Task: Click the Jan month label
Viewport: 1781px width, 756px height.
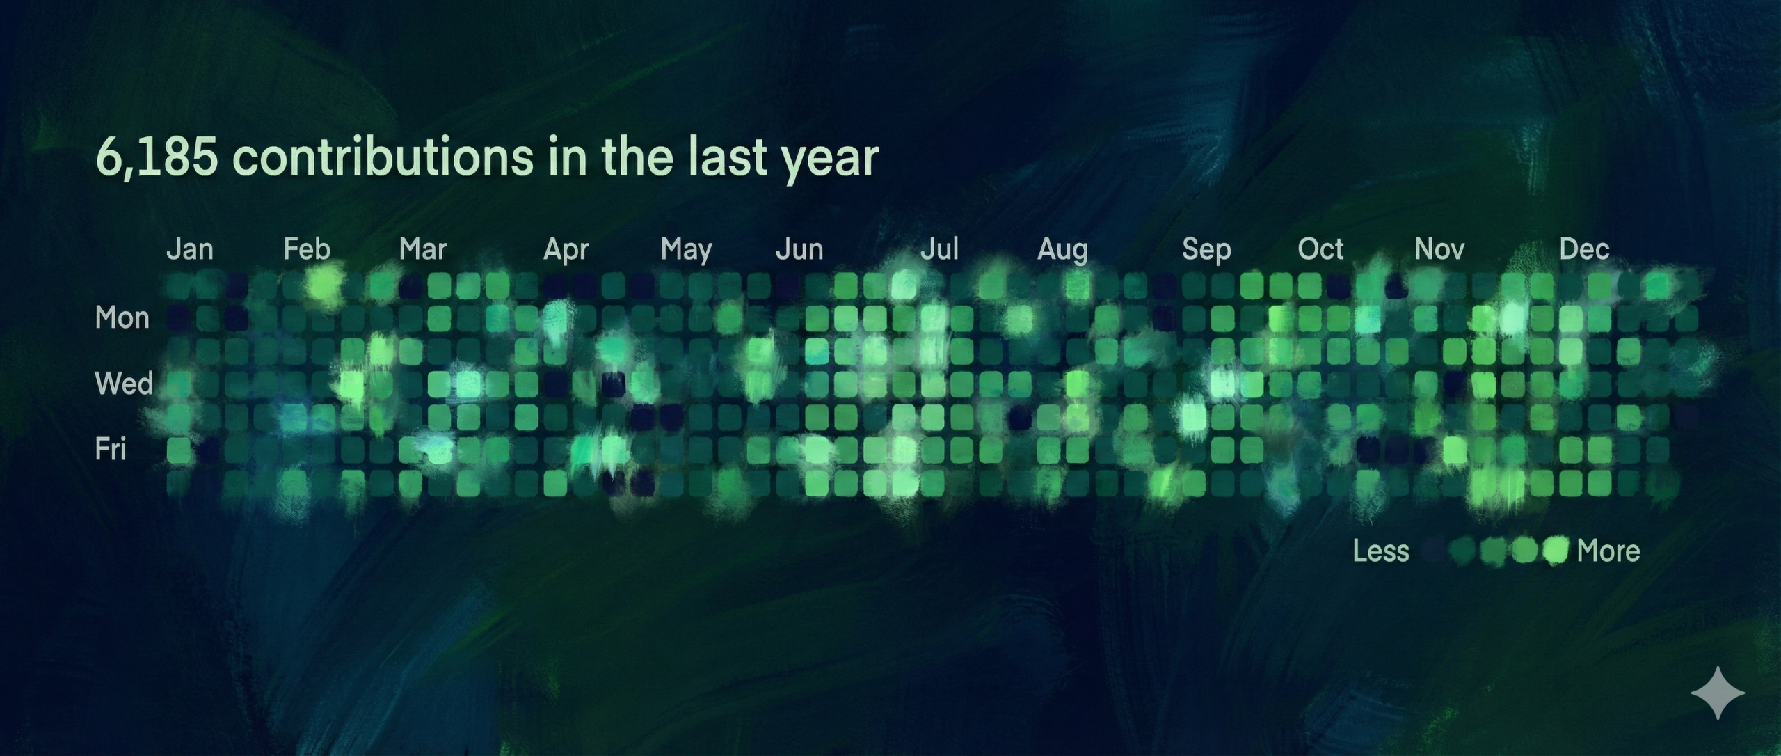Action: (189, 249)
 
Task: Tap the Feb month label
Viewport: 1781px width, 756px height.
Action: (307, 249)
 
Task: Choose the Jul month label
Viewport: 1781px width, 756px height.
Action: (939, 249)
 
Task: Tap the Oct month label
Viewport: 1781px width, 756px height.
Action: (1320, 249)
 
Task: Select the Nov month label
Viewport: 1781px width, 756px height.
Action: (1439, 249)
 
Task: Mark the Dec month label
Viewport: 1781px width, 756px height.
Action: (1584, 249)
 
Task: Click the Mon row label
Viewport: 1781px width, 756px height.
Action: (122, 318)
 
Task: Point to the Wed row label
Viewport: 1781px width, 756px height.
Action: (124, 384)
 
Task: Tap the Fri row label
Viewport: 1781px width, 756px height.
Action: (111, 450)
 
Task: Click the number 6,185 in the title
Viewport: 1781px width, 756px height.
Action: (157, 157)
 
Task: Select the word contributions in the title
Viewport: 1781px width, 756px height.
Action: (383, 157)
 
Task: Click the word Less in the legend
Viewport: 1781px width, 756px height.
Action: (1381, 551)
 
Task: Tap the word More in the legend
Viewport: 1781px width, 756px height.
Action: (1608, 551)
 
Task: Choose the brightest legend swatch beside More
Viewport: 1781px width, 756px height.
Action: (1555, 551)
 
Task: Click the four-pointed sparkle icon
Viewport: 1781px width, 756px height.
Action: (1718, 693)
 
